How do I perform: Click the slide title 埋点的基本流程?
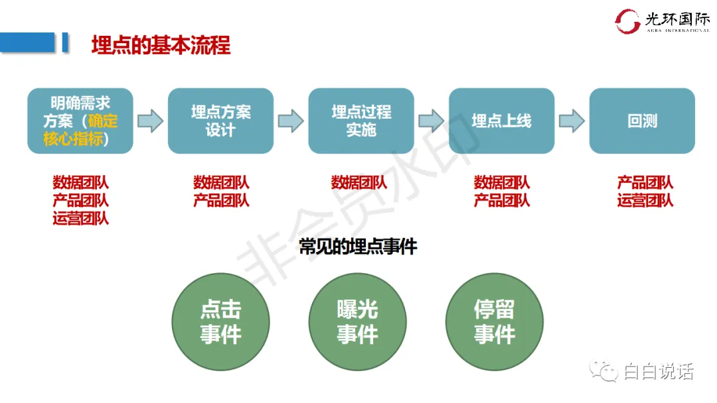[x=161, y=45]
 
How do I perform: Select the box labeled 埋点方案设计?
[x=220, y=121]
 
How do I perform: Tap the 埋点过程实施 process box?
[x=361, y=121]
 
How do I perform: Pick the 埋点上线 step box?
[x=501, y=121]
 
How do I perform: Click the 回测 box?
[x=642, y=121]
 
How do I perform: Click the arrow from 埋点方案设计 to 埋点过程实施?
[x=291, y=121]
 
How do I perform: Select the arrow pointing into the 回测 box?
[x=572, y=121]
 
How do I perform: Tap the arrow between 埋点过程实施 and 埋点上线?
[x=432, y=121]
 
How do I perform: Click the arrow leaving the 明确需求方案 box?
[x=150, y=121]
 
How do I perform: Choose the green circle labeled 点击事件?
[x=220, y=322]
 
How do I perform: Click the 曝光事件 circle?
[x=357, y=322]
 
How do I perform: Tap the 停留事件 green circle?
[x=494, y=322]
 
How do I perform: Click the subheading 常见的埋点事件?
[x=358, y=247]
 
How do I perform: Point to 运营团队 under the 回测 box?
[x=645, y=200]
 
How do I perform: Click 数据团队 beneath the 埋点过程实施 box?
[x=359, y=182]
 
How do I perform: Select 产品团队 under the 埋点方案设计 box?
[x=221, y=200]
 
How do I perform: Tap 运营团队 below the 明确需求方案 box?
[x=80, y=218]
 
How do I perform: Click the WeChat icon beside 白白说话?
[x=605, y=371]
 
